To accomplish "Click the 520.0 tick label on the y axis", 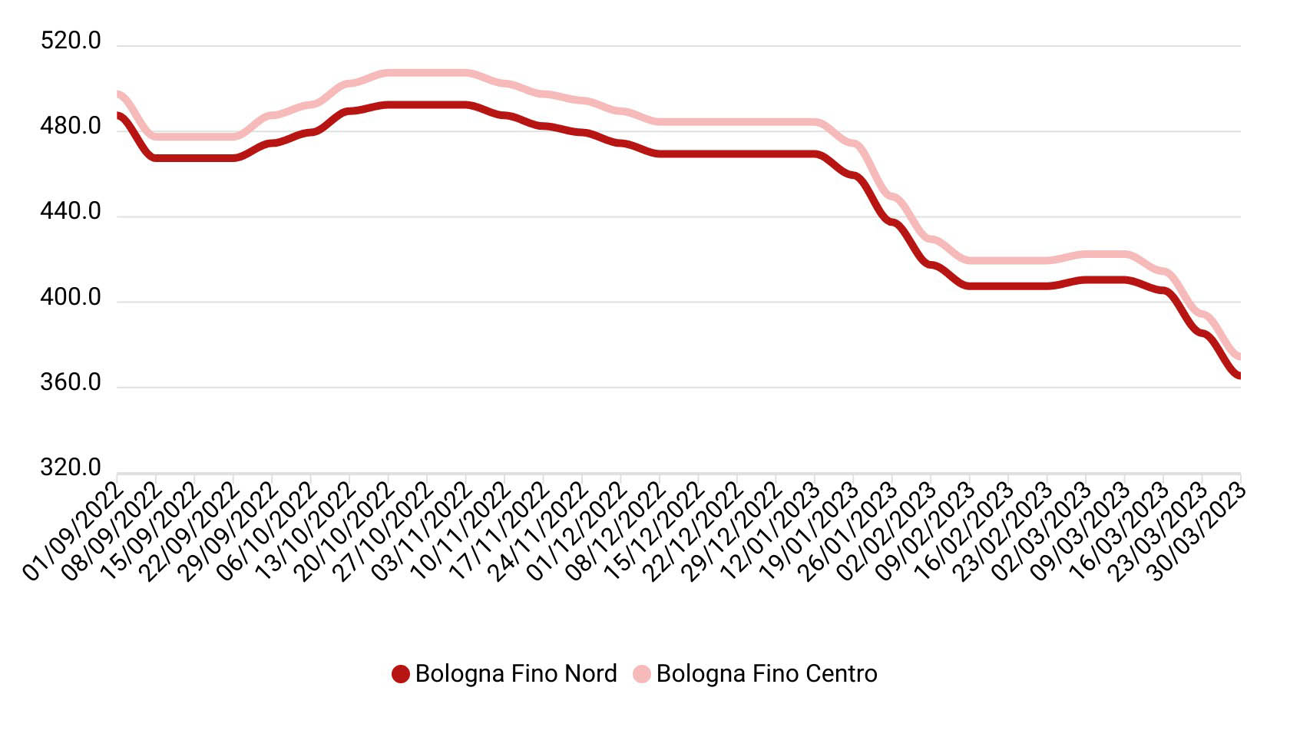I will coord(71,41).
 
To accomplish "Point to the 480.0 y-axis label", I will coord(71,126).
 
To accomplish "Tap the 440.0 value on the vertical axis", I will coord(71,211).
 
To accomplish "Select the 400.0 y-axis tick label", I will coord(71,297).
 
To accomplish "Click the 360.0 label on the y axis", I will coord(71,382).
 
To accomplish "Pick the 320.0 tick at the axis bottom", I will coord(71,468).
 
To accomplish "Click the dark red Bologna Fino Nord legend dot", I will coord(400,674).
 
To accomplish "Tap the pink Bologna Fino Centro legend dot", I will coord(641,674).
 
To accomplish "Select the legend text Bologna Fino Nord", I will coord(516,674).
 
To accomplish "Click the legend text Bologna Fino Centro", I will coord(766,674).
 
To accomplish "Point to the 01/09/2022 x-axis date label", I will coord(73,530).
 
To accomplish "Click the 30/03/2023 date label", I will coord(1198,530).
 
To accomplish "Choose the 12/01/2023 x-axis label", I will coord(772,530).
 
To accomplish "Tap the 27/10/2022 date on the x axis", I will coord(384,530).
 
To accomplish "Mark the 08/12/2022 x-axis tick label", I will coord(617,530).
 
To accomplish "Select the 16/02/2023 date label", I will coord(965,530).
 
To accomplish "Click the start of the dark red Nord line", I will coord(118,115).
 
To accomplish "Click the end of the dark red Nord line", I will coord(1239,375).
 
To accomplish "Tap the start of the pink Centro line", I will coord(118,94).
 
